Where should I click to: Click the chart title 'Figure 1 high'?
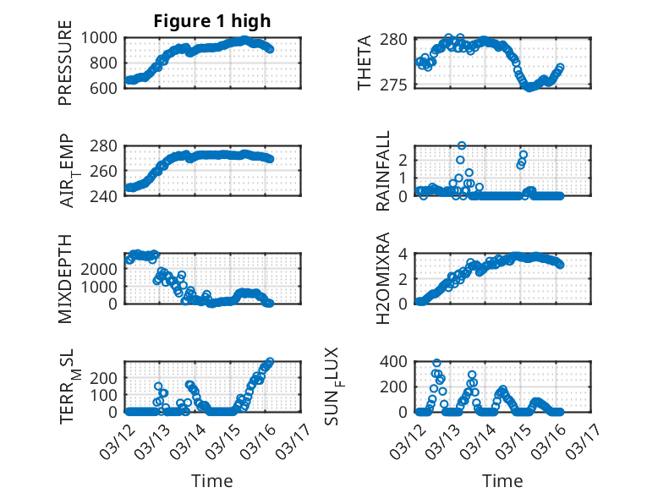click(x=212, y=21)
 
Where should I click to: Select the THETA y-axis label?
click(x=365, y=63)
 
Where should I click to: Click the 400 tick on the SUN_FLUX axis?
click(x=398, y=362)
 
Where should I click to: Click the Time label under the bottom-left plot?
click(x=212, y=480)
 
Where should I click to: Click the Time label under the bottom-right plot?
click(x=502, y=480)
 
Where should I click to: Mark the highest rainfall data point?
click(x=462, y=145)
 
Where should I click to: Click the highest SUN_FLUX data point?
click(x=436, y=363)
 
